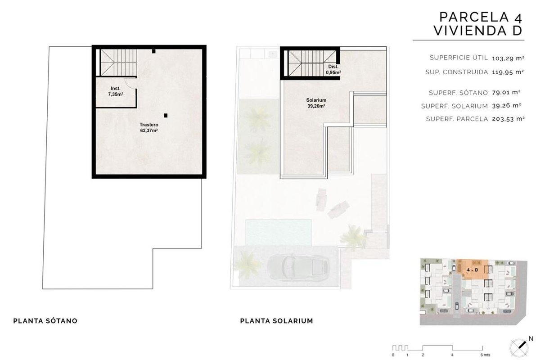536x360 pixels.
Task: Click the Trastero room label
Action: pos(149,127)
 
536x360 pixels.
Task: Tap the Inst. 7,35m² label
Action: pos(116,91)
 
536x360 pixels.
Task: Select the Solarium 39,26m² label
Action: pos(316,103)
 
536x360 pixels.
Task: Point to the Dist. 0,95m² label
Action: pos(333,69)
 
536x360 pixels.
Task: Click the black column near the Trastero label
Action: pos(166,116)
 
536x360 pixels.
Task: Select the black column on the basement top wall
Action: pos(154,51)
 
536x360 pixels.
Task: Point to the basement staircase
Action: pos(118,62)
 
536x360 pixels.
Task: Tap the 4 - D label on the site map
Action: pos(472,270)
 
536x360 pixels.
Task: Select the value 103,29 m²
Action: pos(508,58)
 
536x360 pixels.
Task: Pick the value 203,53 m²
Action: pos(508,119)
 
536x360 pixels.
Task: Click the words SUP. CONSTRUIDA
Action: pos(456,72)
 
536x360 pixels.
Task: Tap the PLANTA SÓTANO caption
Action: pos(45,321)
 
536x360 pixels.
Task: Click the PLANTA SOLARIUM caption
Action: pos(276,321)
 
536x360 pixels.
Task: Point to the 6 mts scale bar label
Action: pos(486,355)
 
